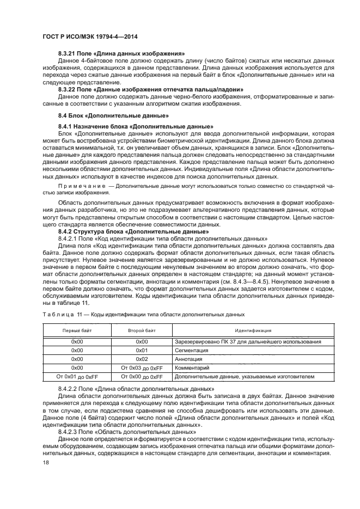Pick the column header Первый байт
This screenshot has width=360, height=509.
[x=76, y=330]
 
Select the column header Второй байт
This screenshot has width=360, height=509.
[x=142, y=330]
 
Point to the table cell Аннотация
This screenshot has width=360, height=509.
[x=189, y=359]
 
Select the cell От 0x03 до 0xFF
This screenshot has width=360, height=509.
[x=142, y=368]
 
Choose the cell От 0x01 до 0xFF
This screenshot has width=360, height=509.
[x=77, y=377]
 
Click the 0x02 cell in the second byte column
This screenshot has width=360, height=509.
[x=142, y=359]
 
